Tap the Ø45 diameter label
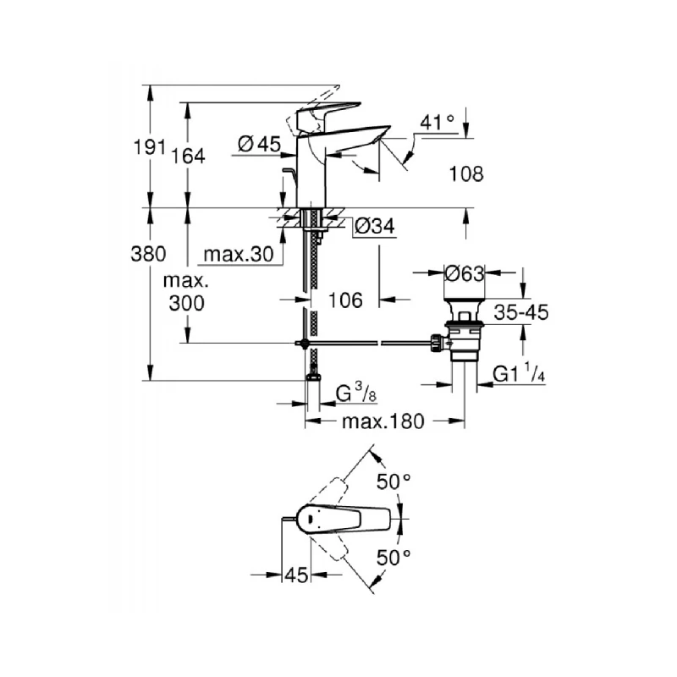pos(259,145)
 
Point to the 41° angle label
pos(438,124)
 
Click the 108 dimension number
pos(466,174)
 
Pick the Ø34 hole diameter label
pos(372,226)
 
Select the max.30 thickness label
pos(238,254)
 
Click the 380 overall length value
pos(149,254)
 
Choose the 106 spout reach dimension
pos(345,300)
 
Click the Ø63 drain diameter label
pos(464,273)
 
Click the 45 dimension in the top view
pos(295,575)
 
